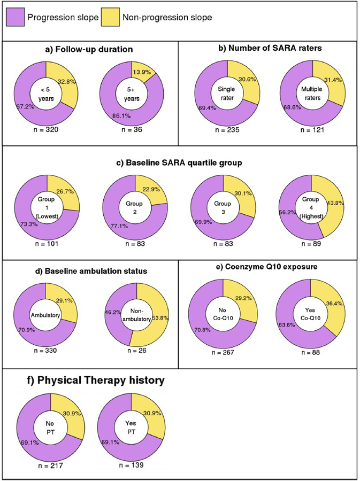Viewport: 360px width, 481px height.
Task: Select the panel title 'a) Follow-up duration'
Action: (x=89, y=50)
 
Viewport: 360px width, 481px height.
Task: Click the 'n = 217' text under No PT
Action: (x=47, y=466)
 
